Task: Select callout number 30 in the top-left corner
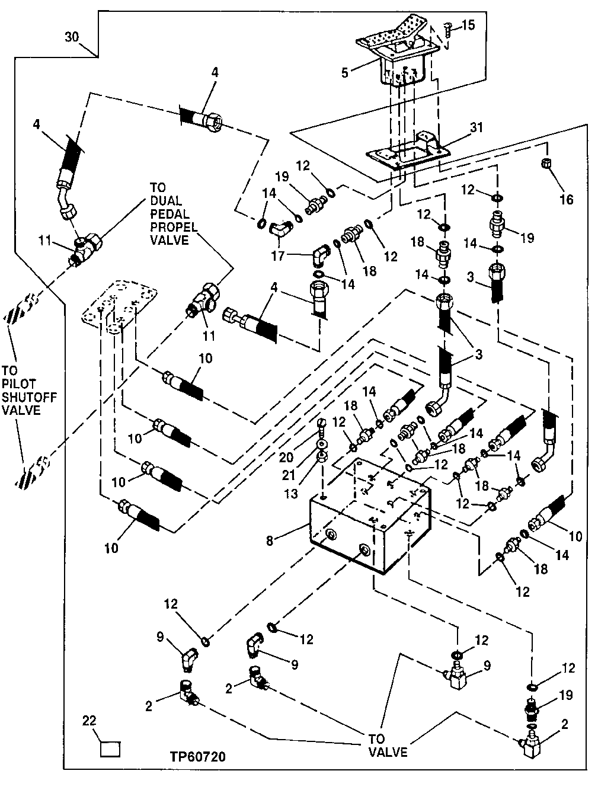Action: pos(72,37)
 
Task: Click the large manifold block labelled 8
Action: pos(367,522)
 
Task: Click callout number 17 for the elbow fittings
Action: pos(277,255)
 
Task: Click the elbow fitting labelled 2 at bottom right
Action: pos(532,741)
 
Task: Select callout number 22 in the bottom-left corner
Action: pos(89,721)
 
